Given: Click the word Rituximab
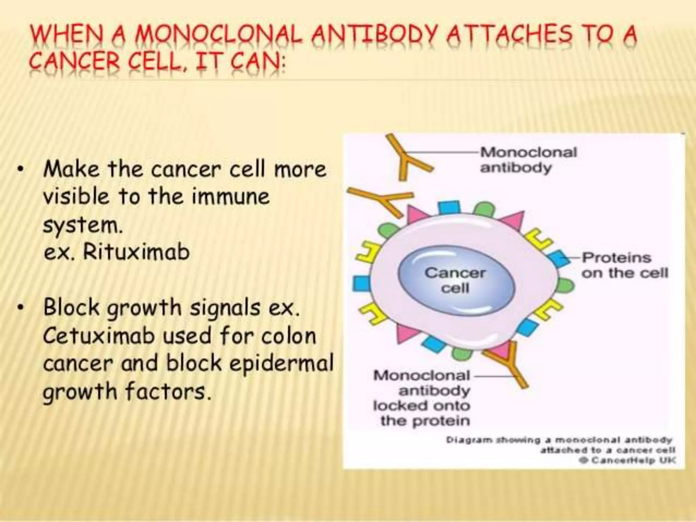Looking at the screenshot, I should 136,252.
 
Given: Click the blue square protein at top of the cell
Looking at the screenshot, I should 449,207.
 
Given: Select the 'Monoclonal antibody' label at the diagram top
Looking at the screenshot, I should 528,160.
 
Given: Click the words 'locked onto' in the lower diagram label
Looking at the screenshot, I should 421,406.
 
